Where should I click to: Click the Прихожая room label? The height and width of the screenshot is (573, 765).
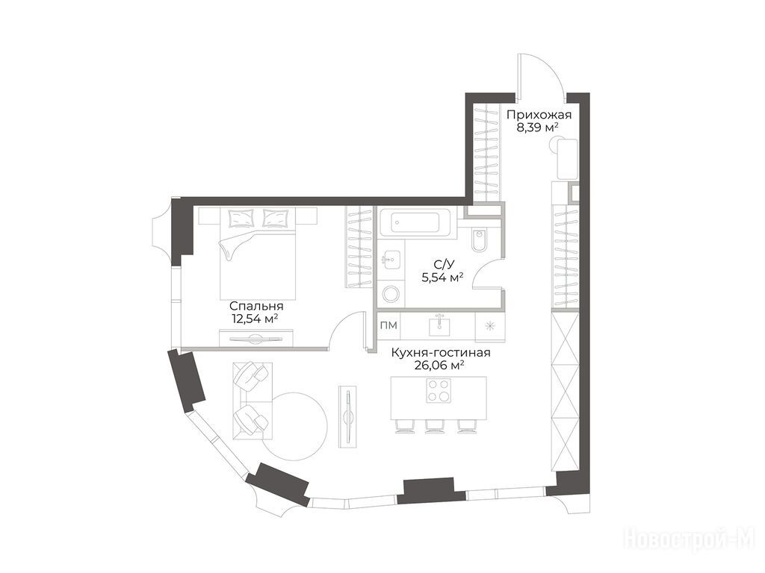tap(539, 116)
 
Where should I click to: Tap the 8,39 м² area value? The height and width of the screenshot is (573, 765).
tap(538, 128)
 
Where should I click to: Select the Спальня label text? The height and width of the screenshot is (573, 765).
tap(256, 307)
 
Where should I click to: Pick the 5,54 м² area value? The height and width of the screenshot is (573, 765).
tap(442, 278)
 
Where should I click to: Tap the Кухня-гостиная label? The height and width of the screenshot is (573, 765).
tap(441, 353)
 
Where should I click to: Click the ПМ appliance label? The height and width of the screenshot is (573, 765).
tap(388, 325)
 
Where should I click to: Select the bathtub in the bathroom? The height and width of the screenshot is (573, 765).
tap(418, 223)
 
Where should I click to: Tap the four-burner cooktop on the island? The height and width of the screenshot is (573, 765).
tap(438, 390)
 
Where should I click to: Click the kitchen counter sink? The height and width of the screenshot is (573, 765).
tap(439, 325)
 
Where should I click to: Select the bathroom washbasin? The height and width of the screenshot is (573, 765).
tap(391, 260)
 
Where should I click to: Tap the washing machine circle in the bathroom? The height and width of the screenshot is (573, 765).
tap(391, 294)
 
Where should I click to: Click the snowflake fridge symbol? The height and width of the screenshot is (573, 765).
tap(490, 325)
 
